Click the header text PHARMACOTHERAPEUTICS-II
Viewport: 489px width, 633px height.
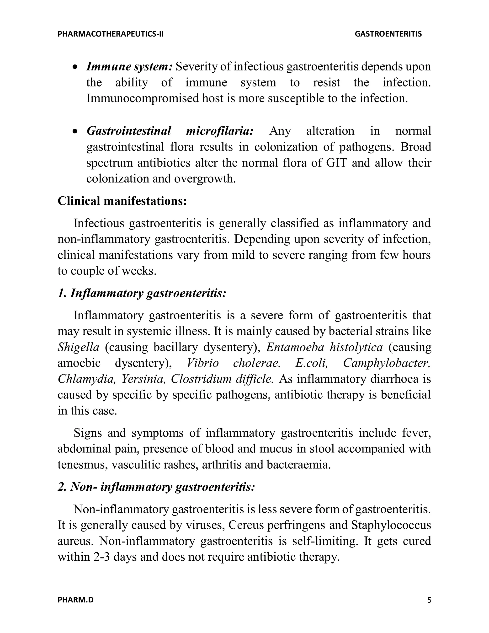[x=111, y=34]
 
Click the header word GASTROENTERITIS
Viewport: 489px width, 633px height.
[x=388, y=34]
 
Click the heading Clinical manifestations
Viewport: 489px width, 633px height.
[x=122, y=201]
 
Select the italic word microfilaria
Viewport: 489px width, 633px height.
[x=220, y=131]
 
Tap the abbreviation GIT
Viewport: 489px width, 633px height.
[x=336, y=163]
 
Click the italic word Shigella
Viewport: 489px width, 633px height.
[x=79, y=347]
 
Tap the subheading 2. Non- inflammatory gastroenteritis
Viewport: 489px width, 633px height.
[x=156, y=487]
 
